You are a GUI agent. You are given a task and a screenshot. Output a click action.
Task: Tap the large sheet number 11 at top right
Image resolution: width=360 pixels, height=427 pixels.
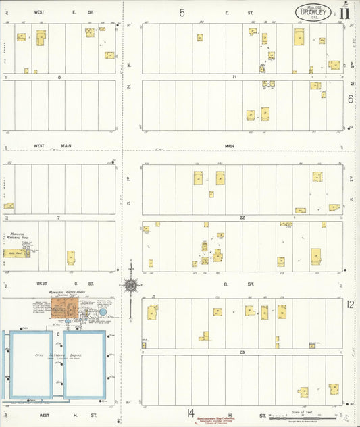345,11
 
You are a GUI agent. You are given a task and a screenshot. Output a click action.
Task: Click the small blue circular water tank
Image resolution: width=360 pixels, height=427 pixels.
102,312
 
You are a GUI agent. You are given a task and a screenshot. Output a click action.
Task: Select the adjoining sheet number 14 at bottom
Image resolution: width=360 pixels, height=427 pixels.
192,413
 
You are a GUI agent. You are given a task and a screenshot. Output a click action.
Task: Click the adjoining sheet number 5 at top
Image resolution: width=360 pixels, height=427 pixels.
182,13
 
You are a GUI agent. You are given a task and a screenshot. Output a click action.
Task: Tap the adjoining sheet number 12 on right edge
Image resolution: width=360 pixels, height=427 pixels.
350,305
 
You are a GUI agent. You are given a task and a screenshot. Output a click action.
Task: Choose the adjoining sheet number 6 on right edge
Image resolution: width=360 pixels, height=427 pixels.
350,99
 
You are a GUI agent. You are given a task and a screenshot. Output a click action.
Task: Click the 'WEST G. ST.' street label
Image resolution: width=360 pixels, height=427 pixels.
49,284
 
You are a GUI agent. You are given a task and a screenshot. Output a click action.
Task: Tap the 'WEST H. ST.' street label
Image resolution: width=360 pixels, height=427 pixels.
50,416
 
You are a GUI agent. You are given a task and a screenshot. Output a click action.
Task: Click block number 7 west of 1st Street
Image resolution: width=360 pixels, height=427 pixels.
59,218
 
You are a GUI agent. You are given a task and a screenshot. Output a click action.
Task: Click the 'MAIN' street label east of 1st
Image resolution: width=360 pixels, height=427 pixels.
230,145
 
